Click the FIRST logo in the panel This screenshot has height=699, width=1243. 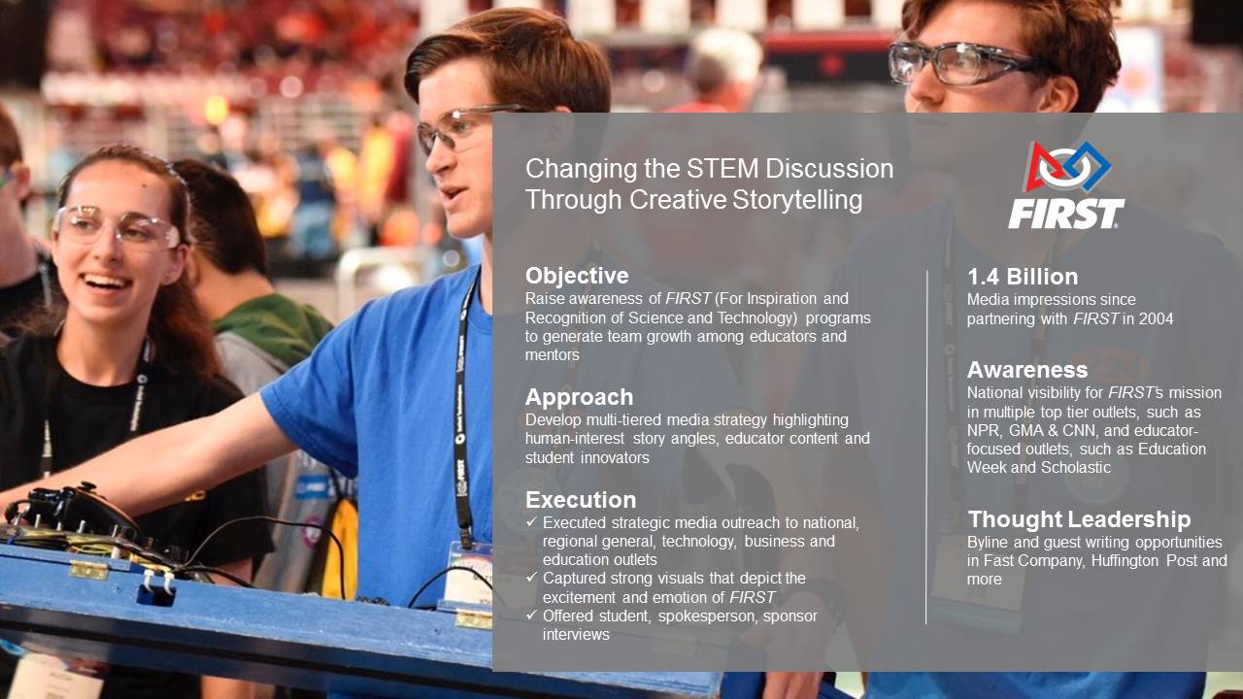(x=1066, y=184)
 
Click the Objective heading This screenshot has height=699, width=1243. (x=577, y=276)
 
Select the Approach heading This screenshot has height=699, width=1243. (x=580, y=397)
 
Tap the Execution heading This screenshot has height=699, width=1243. (x=581, y=500)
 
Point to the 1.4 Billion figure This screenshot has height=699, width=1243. (x=1023, y=277)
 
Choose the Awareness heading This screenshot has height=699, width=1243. (x=1027, y=370)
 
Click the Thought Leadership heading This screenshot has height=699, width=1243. (x=1079, y=519)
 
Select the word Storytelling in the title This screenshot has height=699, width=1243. (x=797, y=200)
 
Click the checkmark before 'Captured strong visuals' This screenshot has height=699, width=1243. (x=531, y=578)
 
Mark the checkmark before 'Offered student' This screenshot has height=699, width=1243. (x=531, y=616)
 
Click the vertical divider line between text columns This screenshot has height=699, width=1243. (x=926, y=448)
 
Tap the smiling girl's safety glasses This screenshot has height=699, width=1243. (x=116, y=227)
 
